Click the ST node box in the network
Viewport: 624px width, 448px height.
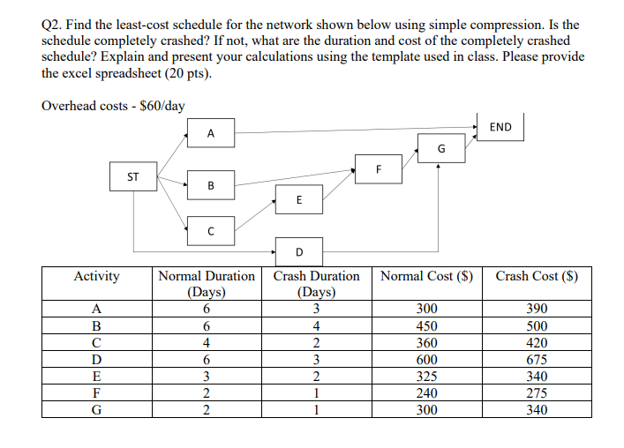[133, 176]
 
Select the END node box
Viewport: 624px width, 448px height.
[499, 127]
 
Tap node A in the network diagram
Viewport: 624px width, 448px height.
[210, 134]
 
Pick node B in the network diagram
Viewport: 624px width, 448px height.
[210, 185]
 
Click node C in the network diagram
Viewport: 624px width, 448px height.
[210, 231]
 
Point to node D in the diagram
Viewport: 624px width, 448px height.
[298, 251]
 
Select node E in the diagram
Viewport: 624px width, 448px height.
[298, 199]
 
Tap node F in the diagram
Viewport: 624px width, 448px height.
[378, 168]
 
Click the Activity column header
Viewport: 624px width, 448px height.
[96, 276]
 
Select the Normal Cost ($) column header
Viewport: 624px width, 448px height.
[427, 276]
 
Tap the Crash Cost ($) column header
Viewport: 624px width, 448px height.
[537, 276]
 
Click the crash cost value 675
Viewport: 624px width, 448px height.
[536, 359]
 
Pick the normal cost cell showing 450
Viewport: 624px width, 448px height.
[427, 325]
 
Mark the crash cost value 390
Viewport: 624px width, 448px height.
[536, 309]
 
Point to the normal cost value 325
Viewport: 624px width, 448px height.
[427, 376]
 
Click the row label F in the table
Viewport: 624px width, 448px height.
[96, 392]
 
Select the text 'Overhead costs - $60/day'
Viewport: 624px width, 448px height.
[113, 106]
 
